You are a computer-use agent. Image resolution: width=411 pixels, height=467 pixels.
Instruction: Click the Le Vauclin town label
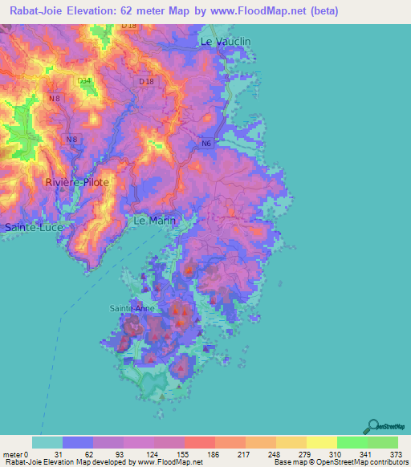click(x=225, y=41)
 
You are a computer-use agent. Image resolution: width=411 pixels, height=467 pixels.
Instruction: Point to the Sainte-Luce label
click(x=28, y=228)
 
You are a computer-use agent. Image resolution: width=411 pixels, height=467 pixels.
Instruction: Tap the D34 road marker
click(x=83, y=80)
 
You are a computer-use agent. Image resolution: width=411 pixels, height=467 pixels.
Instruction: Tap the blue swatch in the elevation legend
click(x=78, y=442)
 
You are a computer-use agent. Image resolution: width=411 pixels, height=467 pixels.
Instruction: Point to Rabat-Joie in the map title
click(x=35, y=11)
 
